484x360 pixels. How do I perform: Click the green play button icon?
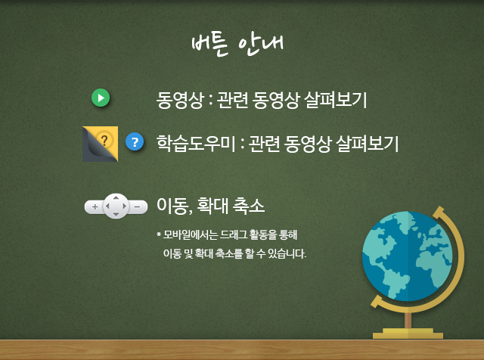pyautogui.click(x=101, y=98)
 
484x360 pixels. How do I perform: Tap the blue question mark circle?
pyautogui.click(x=135, y=141)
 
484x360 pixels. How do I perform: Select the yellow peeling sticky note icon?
pyautogui.click(x=100, y=144)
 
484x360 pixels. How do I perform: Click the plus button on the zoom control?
pyautogui.click(x=95, y=206)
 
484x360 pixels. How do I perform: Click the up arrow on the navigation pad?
pyautogui.click(x=116, y=198)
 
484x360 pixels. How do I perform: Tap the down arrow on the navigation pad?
pyautogui.click(x=116, y=214)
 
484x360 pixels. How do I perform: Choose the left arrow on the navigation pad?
pyautogui.click(x=107, y=206)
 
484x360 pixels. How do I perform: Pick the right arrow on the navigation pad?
pyautogui.click(x=124, y=206)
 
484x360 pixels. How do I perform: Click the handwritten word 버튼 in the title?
pyautogui.click(x=210, y=45)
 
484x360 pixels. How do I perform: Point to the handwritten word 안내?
pyautogui.click(x=261, y=45)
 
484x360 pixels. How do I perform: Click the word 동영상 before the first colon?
pyautogui.click(x=180, y=100)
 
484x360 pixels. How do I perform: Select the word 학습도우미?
pyautogui.click(x=196, y=143)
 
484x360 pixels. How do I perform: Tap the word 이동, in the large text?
pyautogui.click(x=175, y=206)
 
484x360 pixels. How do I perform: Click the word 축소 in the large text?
pyautogui.click(x=249, y=206)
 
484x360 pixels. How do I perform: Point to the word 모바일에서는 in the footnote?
pyautogui.click(x=191, y=235)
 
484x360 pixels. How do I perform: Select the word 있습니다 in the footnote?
pyautogui.click(x=287, y=253)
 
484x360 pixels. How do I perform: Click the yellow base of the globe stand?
pyautogui.click(x=408, y=334)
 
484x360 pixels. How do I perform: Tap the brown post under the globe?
pyautogui.click(x=408, y=320)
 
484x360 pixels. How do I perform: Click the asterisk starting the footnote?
pyautogui.click(x=159, y=234)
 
